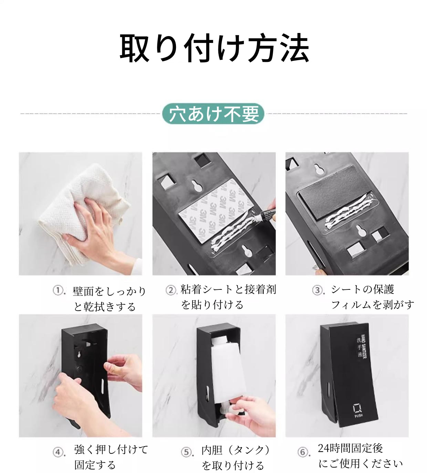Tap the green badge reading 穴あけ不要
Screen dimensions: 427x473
pyautogui.click(x=213, y=114)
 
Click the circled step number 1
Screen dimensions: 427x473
pyautogui.click(x=58, y=290)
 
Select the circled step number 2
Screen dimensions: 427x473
pyautogui.click(x=170, y=290)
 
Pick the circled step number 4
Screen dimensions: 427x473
pyautogui.click(x=58, y=452)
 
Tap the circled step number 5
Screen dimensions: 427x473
pyautogui.click(x=186, y=452)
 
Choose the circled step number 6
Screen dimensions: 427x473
pyautogui.click(x=302, y=452)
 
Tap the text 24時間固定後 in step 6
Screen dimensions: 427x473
pyautogui.click(x=350, y=448)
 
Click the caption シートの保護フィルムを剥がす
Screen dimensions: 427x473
pyautogui.click(x=372, y=297)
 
